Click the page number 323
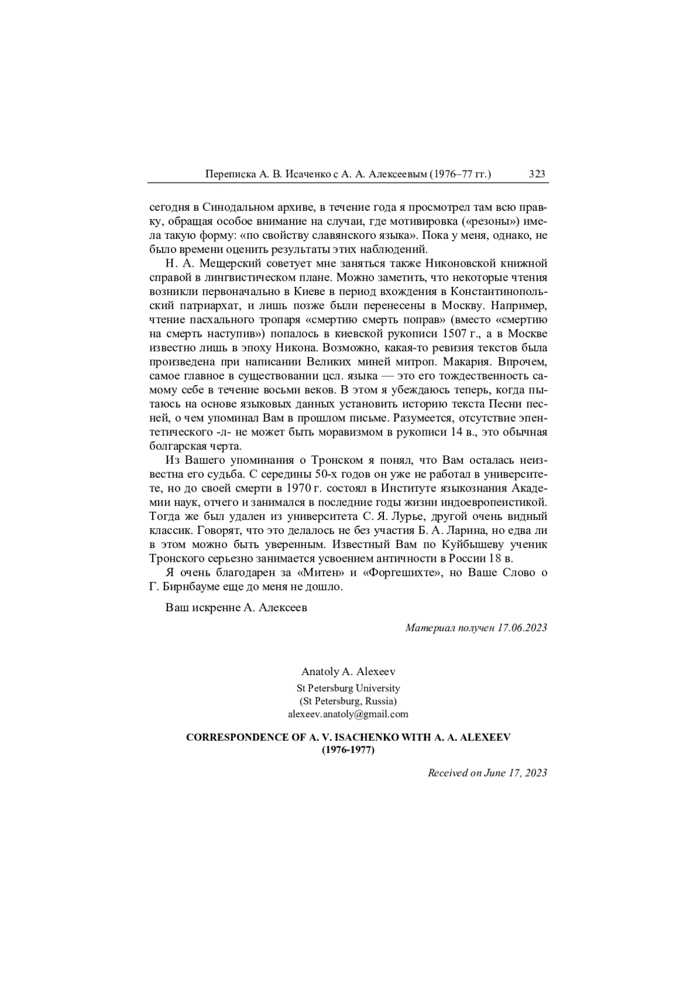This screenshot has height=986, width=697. [x=537, y=174]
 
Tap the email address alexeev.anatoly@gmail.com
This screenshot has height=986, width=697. [x=348, y=713]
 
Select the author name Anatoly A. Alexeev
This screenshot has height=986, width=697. [x=348, y=671]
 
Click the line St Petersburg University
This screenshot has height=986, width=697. [x=348, y=688]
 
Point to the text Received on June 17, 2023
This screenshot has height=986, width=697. [x=487, y=772]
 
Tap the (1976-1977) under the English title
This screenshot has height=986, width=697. [x=348, y=750]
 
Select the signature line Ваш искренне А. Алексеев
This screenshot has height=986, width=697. [x=236, y=608]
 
